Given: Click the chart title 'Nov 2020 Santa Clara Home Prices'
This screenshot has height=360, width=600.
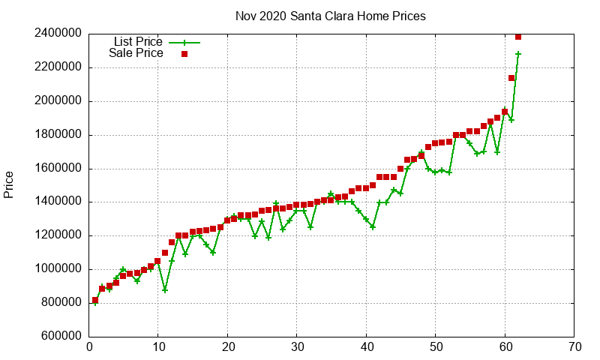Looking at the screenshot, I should coord(331,16).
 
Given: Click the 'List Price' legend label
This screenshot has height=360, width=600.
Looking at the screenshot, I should coord(138,41).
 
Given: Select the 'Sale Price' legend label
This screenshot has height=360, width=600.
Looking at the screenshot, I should coord(136,53).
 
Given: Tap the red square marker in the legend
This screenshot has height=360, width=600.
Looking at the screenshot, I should coord(184,54).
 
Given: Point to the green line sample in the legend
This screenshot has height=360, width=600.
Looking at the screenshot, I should coord(184,42).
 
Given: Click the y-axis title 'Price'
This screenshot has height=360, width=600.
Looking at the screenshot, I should coord(9,184).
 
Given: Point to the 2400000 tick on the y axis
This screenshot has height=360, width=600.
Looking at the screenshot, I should coord(58,34).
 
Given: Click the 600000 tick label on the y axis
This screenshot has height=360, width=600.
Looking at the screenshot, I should coord(61,337).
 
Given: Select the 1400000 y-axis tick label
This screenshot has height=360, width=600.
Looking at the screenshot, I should coord(58,202).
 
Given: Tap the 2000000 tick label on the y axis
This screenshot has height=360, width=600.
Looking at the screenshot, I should coord(58,101).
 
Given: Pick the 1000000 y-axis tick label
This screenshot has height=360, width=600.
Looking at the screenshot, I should coord(58,269).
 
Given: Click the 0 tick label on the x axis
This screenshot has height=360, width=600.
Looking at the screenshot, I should coord(89,347).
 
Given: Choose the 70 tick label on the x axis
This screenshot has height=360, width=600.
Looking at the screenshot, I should coord(575,347).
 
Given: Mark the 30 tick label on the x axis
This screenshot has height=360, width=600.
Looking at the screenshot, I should coord(298,347).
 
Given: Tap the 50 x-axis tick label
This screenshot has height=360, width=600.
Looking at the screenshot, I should coord(436,347).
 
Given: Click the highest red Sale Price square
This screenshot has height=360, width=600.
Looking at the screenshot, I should coord(518,36).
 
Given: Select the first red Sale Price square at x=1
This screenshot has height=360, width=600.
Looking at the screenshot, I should coord(95,300).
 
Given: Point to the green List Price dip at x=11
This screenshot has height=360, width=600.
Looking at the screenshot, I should coord(165,289).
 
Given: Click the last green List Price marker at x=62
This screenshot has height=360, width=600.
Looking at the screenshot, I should coord(518,54).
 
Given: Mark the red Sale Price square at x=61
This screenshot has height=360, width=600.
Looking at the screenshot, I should coord(511,78).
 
